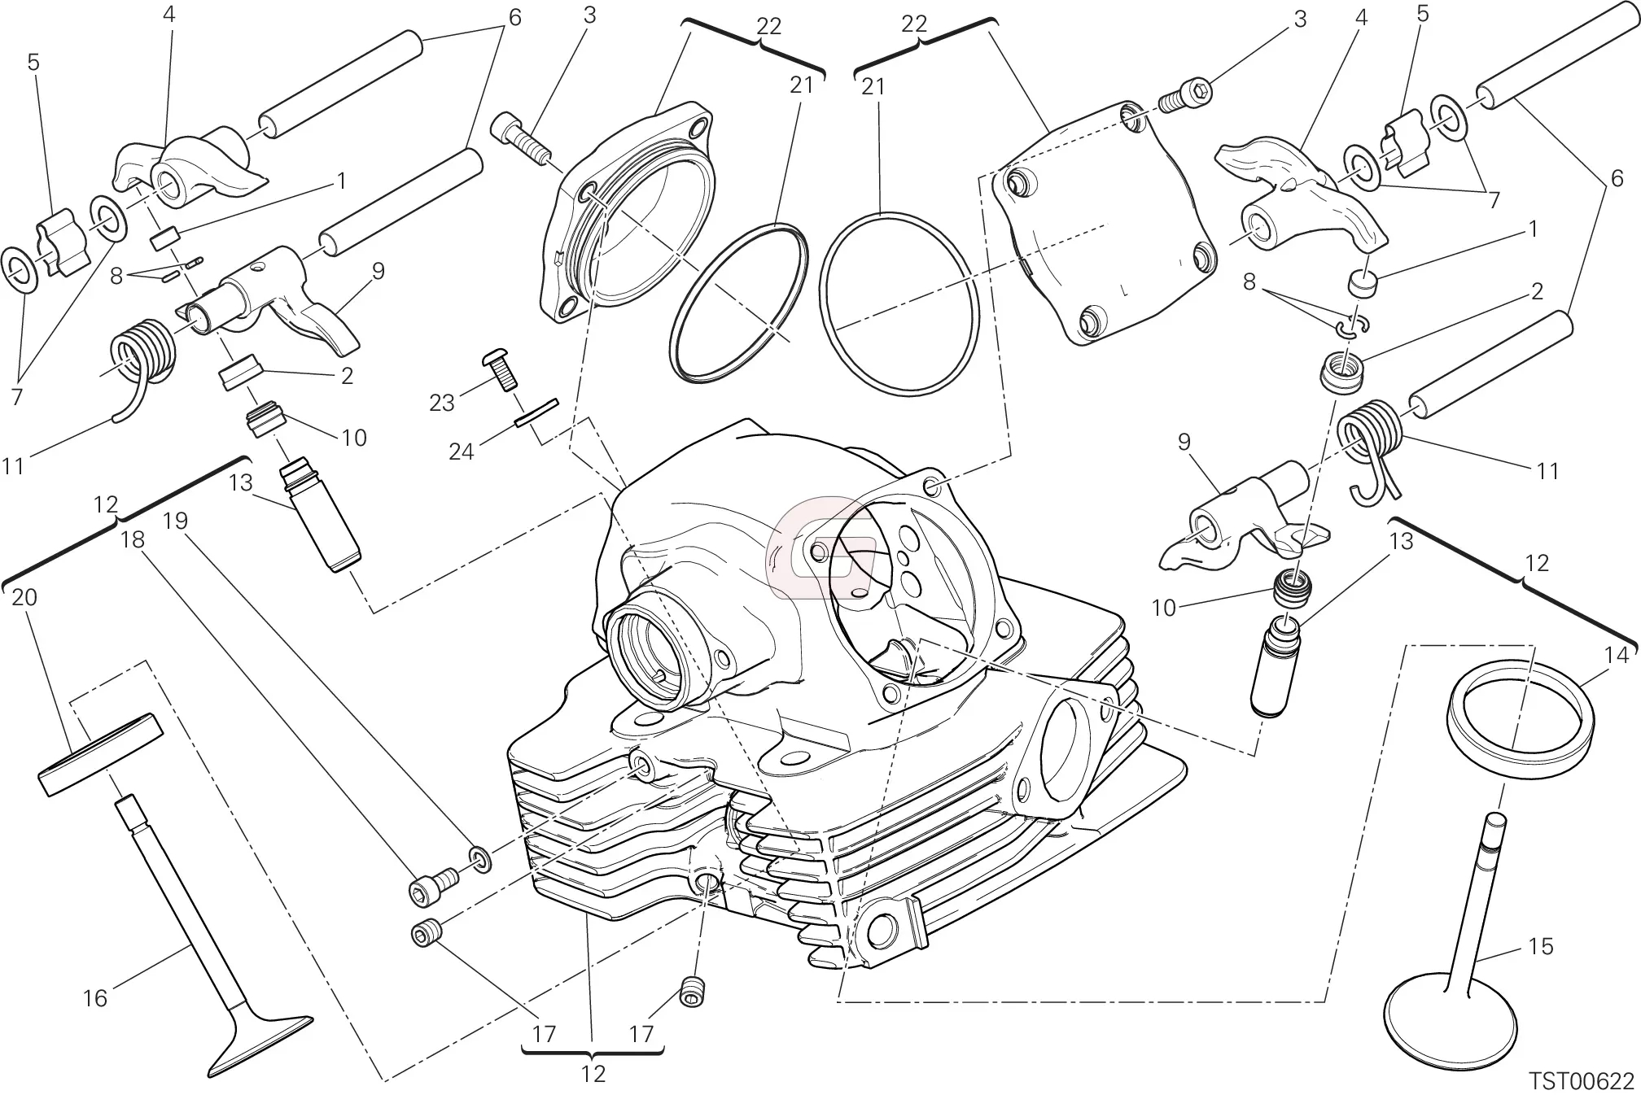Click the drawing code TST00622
(1582, 1080)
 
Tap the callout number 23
(441, 402)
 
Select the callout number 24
(461, 451)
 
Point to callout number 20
(24, 598)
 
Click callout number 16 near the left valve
(95, 998)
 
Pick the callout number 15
(1541, 946)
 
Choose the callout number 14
(1617, 654)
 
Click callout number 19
(175, 521)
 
